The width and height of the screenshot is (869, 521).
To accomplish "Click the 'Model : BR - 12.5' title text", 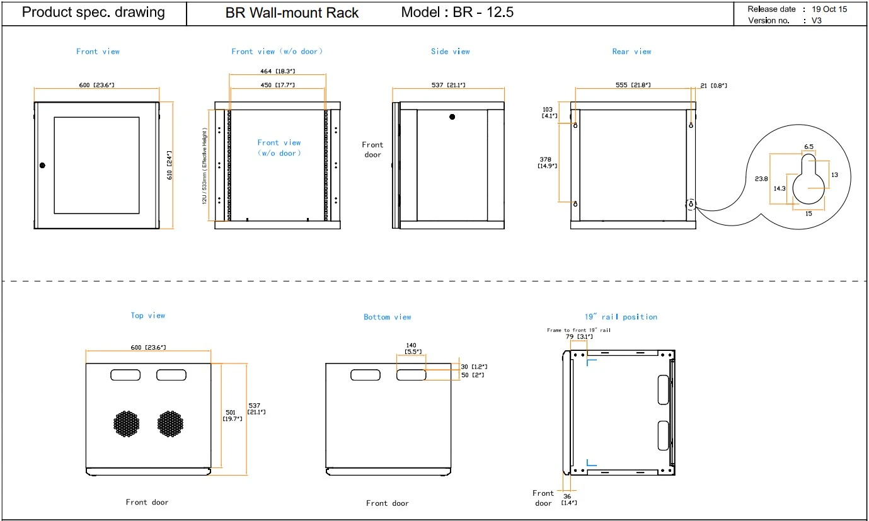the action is (x=457, y=12).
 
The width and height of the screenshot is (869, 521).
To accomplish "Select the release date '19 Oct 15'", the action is (x=829, y=9).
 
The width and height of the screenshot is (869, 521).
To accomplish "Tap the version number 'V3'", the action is (x=816, y=21).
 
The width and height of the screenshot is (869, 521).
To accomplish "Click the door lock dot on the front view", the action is (x=42, y=165).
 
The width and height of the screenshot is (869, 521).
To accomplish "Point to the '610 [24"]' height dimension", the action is (x=169, y=165).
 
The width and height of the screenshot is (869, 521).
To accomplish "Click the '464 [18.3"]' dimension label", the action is (x=277, y=71).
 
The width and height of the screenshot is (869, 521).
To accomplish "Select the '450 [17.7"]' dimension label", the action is (x=277, y=85).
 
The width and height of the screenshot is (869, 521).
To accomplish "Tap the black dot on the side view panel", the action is (x=452, y=117).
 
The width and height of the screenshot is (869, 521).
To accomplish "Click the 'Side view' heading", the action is (x=450, y=51).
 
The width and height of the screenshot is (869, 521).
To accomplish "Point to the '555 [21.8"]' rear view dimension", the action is (x=633, y=84).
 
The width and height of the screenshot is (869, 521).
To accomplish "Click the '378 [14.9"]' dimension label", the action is (x=547, y=163).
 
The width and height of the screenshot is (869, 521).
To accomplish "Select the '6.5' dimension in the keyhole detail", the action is (x=809, y=146).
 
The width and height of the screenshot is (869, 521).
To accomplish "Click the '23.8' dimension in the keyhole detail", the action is (x=761, y=178).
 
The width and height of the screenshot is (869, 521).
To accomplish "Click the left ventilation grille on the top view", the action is (x=127, y=423).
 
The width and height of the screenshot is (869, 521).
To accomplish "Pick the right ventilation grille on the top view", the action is (x=170, y=423).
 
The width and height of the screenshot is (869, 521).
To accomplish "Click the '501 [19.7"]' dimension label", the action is (x=232, y=416).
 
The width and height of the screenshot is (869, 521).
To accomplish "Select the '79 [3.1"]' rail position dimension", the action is (x=579, y=336).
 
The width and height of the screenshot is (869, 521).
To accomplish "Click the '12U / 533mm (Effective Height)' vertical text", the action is (x=204, y=166).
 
